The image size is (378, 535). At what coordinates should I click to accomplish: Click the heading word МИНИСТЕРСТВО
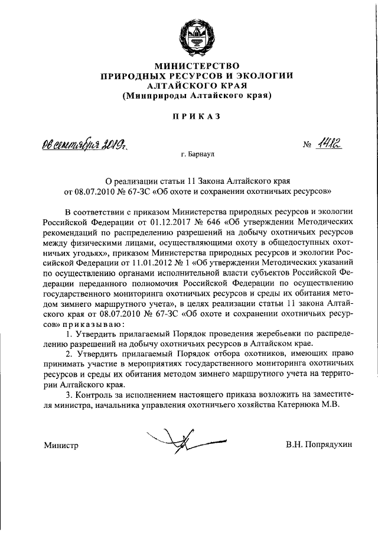click(195, 65)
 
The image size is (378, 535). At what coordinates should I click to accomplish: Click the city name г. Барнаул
click(198, 154)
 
